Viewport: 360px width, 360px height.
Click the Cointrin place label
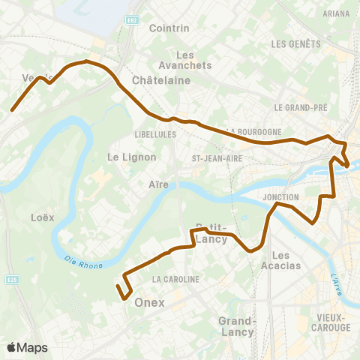pyautogui.click(x=174, y=28)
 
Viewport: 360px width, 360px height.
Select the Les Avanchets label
pyautogui.click(x=193, y=60)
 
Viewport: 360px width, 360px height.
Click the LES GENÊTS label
pyautogui.click(x=295, y=45)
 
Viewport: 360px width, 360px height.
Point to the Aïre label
pyautogui.click(x=158, y=184)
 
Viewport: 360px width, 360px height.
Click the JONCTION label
pyautogui.click(x=282, y=197)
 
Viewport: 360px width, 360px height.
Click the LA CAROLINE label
pyautogui.click(x=176, y=279)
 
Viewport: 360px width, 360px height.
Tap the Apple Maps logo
pyautogui.click(x=27, y=347)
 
